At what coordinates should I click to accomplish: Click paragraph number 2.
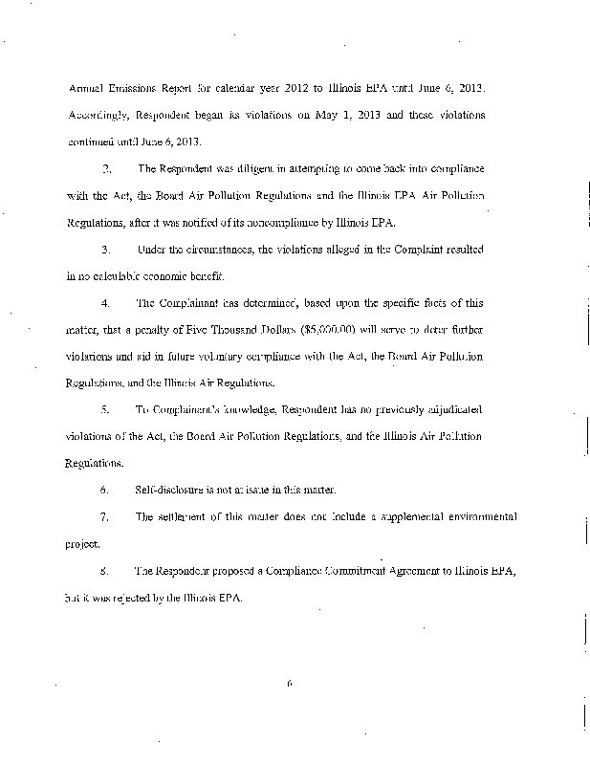[x=106, y=168]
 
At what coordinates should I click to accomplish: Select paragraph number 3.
[x=106, y=249]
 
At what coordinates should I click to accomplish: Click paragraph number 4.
[x=106, y=303]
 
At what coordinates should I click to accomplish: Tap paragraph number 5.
[x=106, y=410]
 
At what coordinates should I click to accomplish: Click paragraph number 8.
[x=106, y=572]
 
